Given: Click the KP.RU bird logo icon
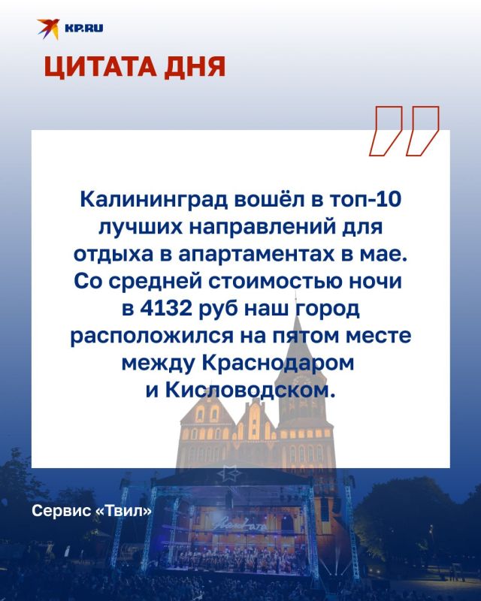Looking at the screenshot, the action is (x=48, y=29).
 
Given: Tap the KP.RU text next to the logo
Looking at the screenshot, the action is (x=84, y=28).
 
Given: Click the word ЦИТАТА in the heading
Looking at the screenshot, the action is (x=101, y=68).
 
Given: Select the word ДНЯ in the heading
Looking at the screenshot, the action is (x=195, y=68).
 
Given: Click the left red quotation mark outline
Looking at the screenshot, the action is (x=386, y=131).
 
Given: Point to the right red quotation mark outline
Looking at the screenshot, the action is (x=422, y=131).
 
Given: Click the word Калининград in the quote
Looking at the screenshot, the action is (x=154, y=200).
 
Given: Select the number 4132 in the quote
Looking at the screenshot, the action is (x=165, y=308).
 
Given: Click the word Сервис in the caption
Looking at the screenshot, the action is (x=62, y=511).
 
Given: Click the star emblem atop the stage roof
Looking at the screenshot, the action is (x=229, y=474).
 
